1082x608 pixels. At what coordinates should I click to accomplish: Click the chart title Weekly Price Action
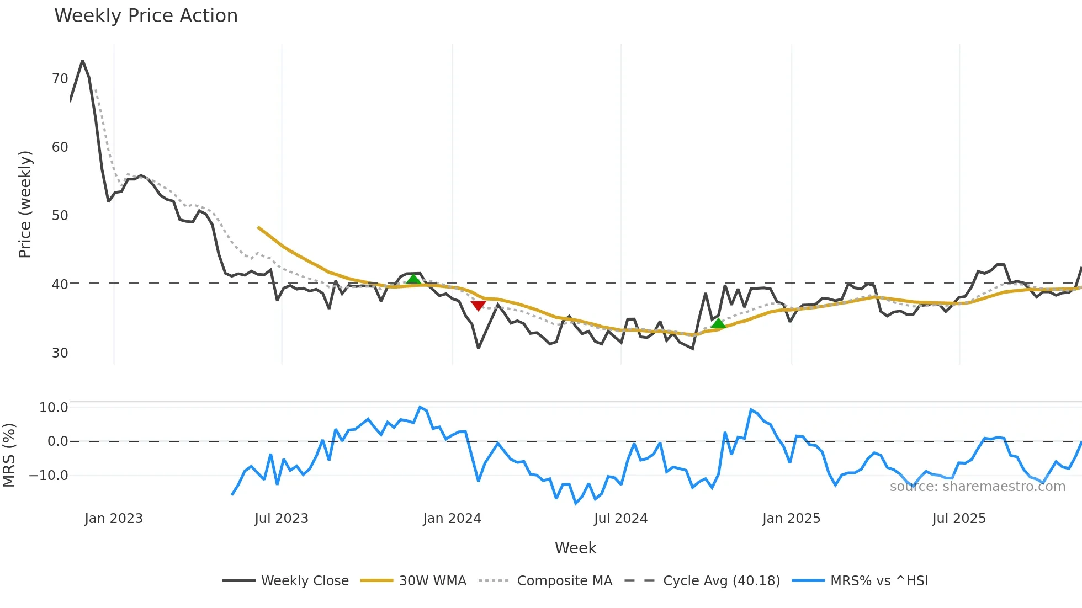(x=146, y=16)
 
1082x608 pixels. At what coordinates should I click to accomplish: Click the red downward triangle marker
(x=478, y=306)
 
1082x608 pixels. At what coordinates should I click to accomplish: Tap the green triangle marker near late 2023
(x=413, y=279)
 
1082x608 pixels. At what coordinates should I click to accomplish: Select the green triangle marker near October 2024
(x=718, y=323)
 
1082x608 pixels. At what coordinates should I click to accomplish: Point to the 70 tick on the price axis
(x=60, y=79)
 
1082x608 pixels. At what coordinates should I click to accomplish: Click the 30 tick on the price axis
(x=60, y=353)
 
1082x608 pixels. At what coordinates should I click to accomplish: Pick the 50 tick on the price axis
(x=60, y=216)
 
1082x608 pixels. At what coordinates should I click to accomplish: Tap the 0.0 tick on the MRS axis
(x=57, y=441)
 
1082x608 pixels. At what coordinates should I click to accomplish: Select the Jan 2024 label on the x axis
(x=452, y=519)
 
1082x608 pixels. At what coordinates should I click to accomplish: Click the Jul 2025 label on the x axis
(x=959, y=519)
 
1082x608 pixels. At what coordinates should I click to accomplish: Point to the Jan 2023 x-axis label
(x=114, y=519)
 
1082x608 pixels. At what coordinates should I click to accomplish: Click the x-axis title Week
(x=575, y=548)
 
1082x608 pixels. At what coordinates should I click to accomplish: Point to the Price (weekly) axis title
(x=25, y=204)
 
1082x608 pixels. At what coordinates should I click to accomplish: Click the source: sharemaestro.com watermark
(x=977, y=487)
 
